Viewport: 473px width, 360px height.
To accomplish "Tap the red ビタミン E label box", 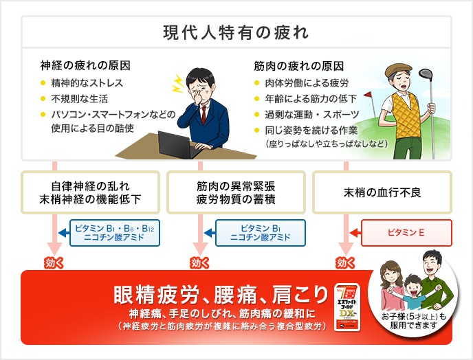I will click(406, 233).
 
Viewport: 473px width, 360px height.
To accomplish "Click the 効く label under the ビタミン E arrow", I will click(346, 262).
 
